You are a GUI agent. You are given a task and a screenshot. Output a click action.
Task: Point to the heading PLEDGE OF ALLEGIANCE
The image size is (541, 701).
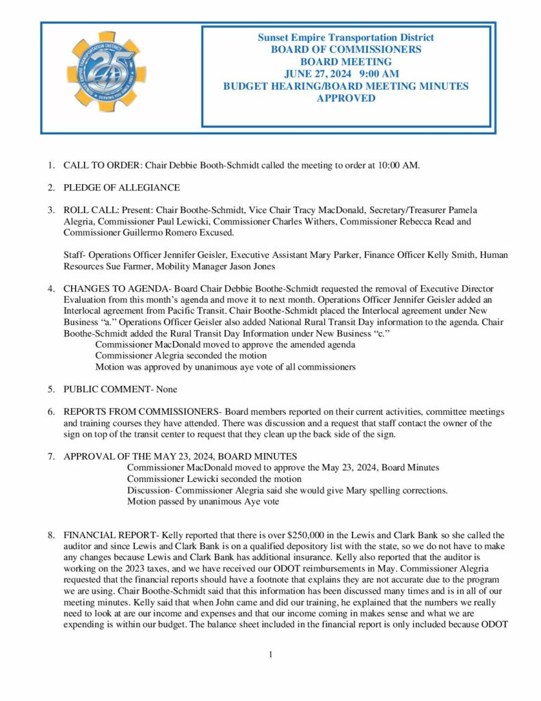point(122,188)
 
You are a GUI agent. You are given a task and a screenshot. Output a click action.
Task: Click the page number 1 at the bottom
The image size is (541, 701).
point(271,654)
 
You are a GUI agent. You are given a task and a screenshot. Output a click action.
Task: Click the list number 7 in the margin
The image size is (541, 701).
point(51,457)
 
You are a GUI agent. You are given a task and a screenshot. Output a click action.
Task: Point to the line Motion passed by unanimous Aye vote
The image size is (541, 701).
point(204,501)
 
